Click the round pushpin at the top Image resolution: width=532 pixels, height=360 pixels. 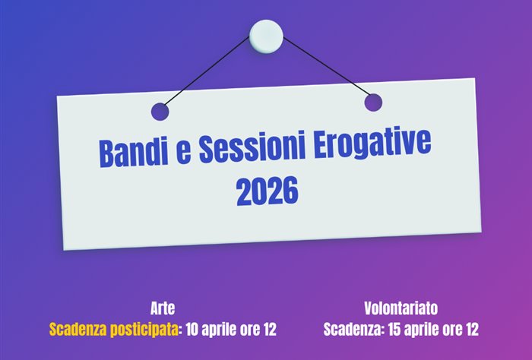click(266, 34)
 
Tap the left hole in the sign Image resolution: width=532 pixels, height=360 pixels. click(160, 112)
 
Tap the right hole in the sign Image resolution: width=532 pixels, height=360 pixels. click(372, 103)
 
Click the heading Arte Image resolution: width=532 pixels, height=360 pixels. click(163, 309)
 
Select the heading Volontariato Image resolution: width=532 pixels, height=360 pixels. click(401, 309)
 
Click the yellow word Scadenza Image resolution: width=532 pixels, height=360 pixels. click(79, 330)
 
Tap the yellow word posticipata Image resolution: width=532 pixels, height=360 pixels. click(144, 330)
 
